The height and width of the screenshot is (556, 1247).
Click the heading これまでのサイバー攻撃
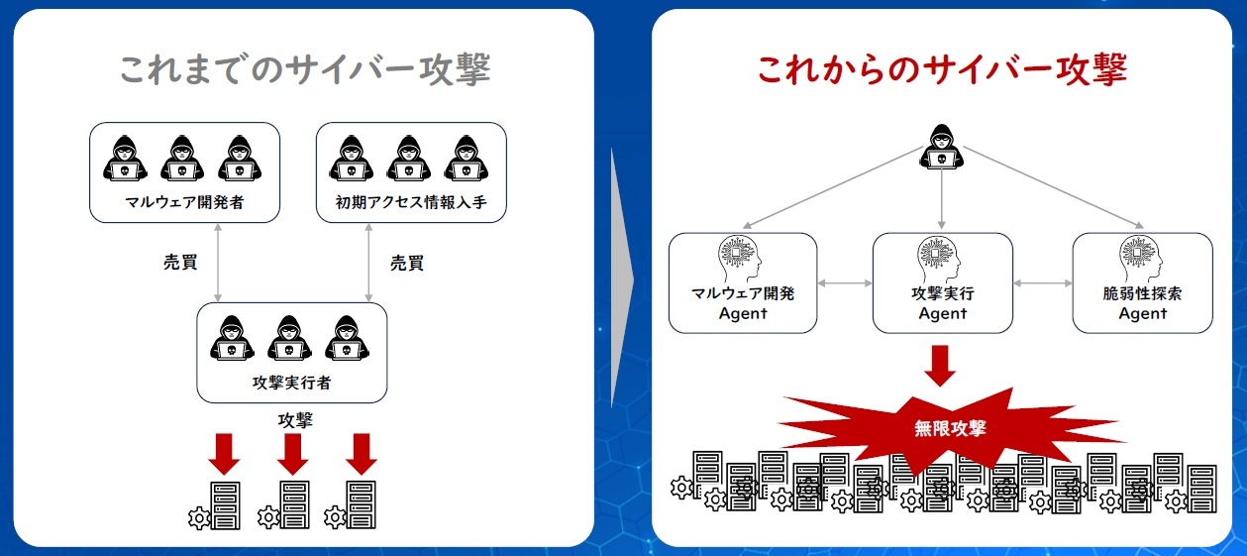(304, 70)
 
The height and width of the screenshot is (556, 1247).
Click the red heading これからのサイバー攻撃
(941, 70)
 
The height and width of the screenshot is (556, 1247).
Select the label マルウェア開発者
(184, 204)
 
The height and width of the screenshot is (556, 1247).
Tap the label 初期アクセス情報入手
(412, 204)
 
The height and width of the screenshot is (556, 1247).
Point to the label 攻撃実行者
(291, 383)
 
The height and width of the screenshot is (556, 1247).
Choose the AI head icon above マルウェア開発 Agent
(742, 260)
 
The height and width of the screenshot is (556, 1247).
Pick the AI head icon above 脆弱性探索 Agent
(1142, 260)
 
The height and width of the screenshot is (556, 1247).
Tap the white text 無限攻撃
(950, 429)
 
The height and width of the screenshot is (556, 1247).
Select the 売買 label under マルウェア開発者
(180, 263)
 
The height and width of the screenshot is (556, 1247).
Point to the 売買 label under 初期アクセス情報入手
(407, 263)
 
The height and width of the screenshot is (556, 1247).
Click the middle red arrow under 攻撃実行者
(293, 454)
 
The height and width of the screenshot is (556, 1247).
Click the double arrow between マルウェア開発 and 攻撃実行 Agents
(845, 283)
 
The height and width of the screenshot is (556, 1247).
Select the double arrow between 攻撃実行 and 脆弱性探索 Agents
(1043, 283)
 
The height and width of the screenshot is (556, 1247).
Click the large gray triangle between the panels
(621, 278)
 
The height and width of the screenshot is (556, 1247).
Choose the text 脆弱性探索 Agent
(1142, 303)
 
